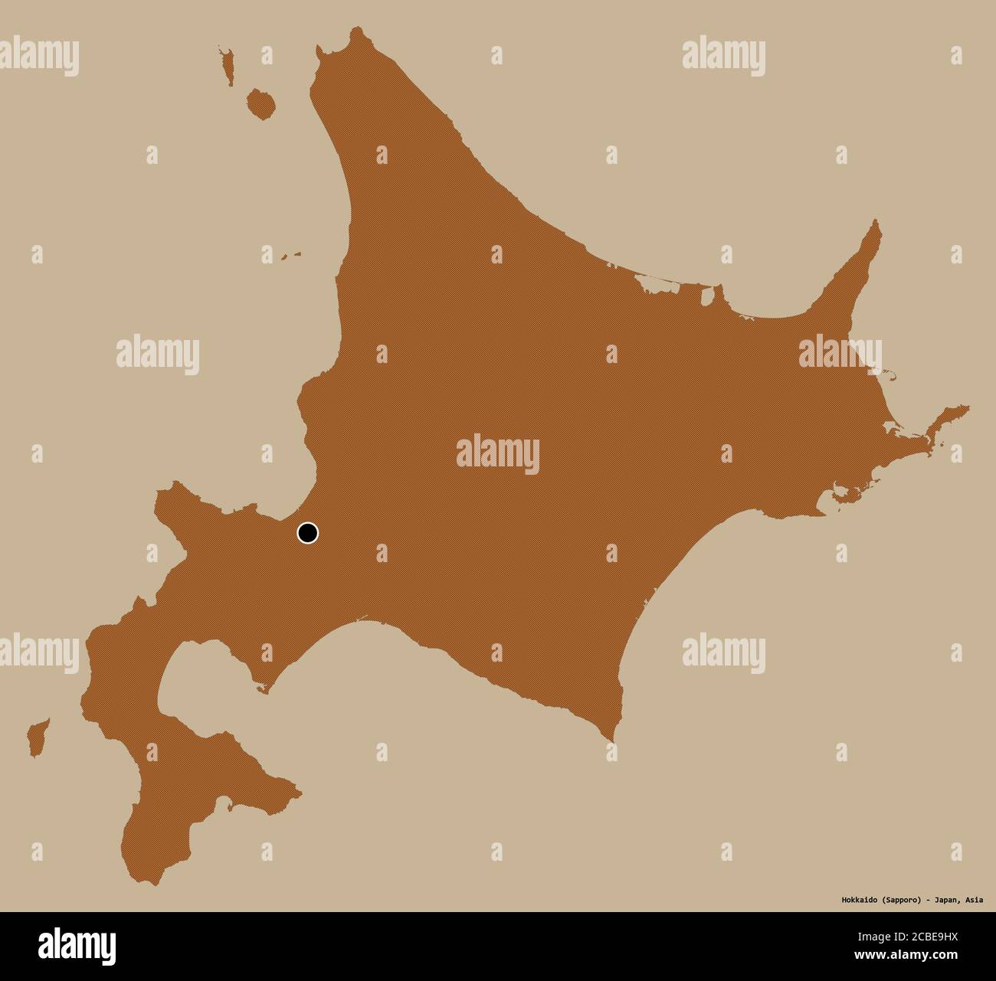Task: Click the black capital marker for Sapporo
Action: pos(307,533)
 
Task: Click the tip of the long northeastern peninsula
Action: pos(878,223)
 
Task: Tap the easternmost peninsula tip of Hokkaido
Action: pos(967,408)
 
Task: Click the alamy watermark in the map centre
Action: pos(497,454)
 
